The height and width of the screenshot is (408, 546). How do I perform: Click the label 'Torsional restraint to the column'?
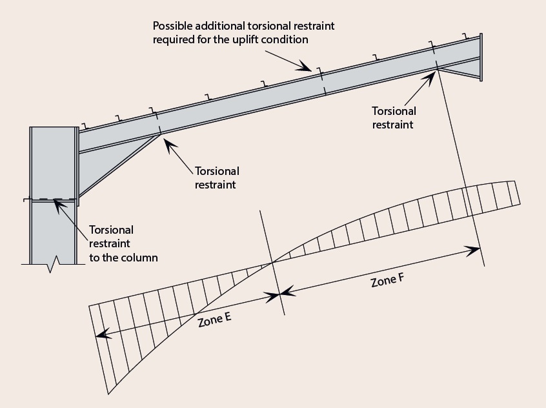[123, 243]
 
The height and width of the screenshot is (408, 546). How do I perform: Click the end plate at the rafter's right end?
[481, 57]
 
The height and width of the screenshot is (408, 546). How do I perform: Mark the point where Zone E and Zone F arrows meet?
[281, 294]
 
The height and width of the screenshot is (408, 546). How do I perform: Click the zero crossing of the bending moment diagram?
[273, 261]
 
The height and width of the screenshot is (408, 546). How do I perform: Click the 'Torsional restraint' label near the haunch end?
[216, 178]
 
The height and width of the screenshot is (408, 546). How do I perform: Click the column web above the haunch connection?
[53, 161]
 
